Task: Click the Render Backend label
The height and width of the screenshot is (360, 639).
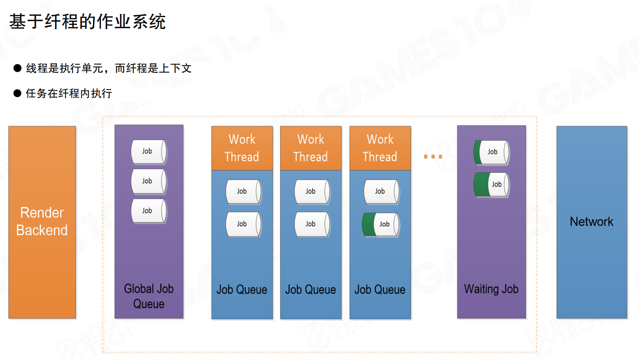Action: pyautogui.click(x=42, y=222)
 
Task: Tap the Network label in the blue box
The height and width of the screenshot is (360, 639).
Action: pyautogui.click(x=591, y=222)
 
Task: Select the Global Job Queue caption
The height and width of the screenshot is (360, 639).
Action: pyautogui.click(x=149, y=296)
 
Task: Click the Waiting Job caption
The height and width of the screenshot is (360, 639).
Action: pyautogui.click(x=491, y=289)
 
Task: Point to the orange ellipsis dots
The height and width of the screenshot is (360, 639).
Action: pyautogui.click(x=433, y=157)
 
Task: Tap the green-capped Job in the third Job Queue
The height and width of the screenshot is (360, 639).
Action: pyautogui.click(x=381, y=224)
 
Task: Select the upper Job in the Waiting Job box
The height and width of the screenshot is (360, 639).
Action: pyautogui.click(x=491, y=152)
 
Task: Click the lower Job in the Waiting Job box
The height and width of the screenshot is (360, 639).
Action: pyautogui.click(x=491, y=185)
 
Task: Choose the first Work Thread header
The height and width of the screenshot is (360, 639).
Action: pyautogui.click(x=242, y=148)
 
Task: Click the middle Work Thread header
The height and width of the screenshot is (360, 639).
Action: pyautogui.click(x=311, y=148)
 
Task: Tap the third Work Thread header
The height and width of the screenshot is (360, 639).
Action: pyautogui.click(x=380, y=148)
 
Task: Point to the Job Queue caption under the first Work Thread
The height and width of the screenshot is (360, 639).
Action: pyautogui.click(x=242, y=290)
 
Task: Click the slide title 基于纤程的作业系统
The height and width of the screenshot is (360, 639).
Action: pyautogui.click(x=87, y=21)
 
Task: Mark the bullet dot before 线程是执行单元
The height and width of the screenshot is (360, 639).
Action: pyautogui.click(x=17, y=68)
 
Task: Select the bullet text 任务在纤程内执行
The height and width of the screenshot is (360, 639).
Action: pyautogui.click(x=69, y=93)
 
